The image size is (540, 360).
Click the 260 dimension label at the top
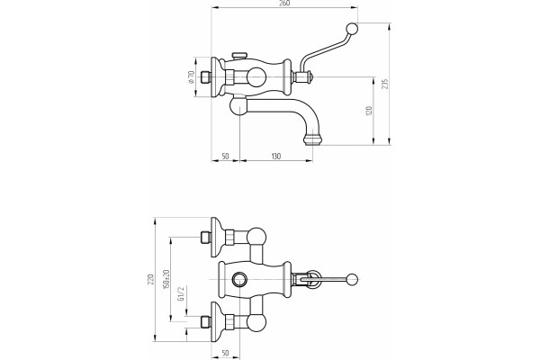284,3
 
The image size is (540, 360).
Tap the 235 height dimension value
385,84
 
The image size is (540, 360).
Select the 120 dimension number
369,111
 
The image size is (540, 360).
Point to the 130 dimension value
276,157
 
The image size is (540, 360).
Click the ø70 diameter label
192,76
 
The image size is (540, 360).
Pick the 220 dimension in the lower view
150,279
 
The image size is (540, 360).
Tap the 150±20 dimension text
166,279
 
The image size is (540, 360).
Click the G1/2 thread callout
181,293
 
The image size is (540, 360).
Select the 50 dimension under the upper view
225,157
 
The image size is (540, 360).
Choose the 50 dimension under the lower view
225,354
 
